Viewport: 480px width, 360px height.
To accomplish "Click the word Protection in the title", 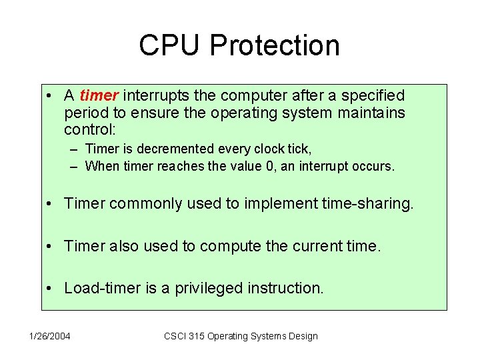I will point(275,45).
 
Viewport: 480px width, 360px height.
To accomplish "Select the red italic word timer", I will point(99,96).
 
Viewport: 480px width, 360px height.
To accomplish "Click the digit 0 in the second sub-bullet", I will point(269,166).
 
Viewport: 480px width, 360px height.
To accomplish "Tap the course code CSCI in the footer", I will point(175,336).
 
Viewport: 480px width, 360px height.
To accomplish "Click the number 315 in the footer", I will point(197,336).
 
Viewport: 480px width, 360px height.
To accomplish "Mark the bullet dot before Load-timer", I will point(52,289).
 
